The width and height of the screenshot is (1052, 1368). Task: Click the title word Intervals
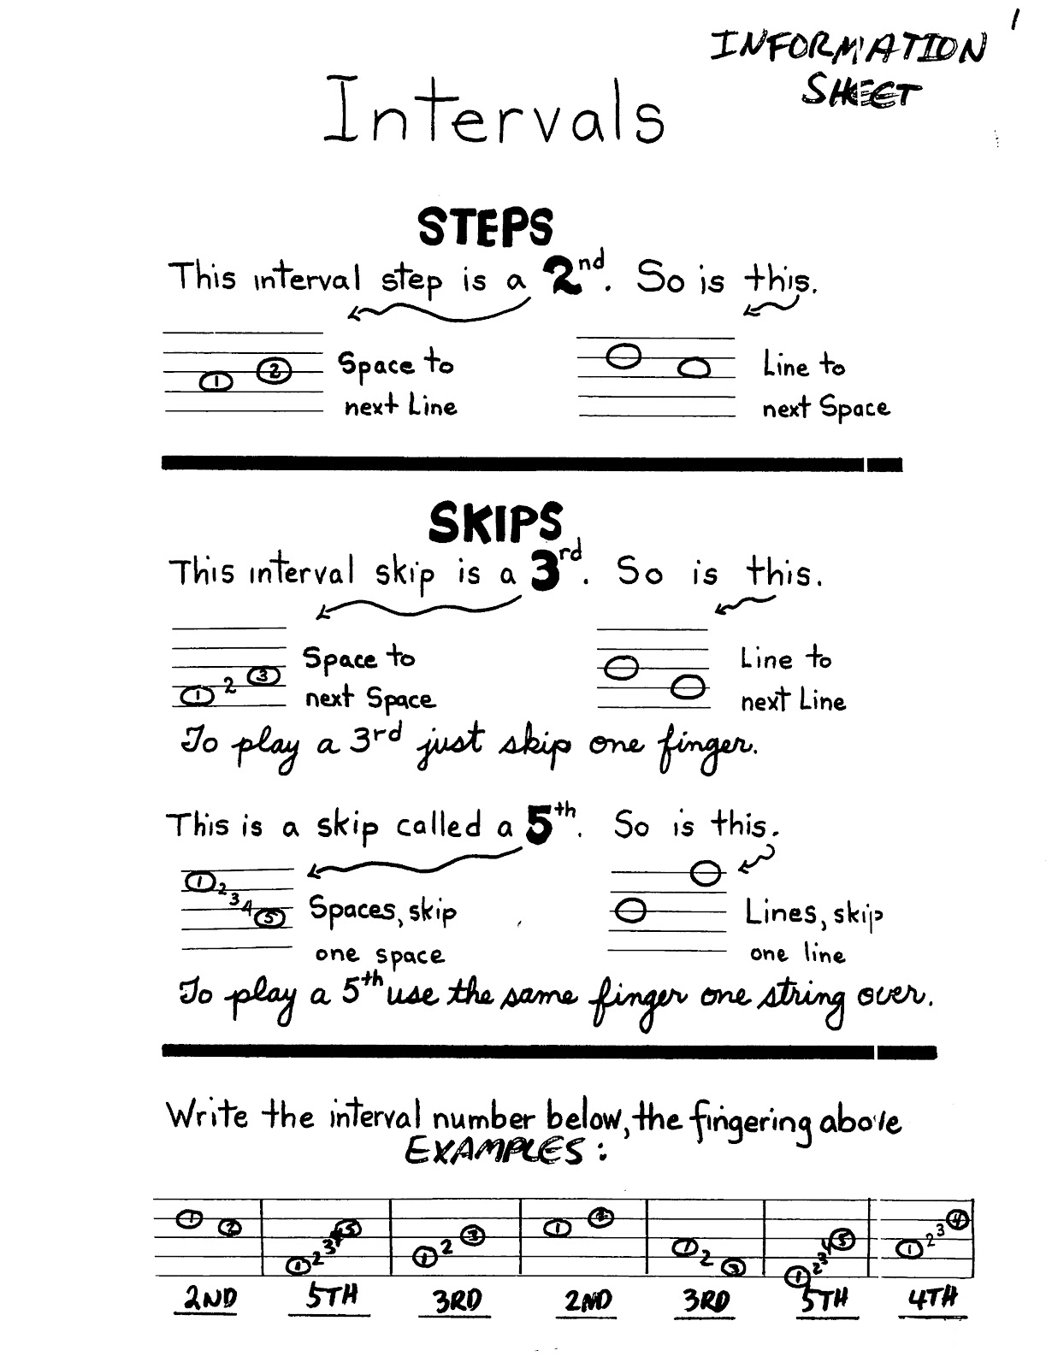(x=494, y=111)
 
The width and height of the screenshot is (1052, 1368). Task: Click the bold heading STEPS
(x=486, y=227)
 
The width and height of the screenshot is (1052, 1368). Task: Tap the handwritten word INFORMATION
(x=848, y=46)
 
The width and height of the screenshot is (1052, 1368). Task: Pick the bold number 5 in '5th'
(x=540, y=825)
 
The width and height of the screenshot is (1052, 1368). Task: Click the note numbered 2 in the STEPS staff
(x=275, y=370)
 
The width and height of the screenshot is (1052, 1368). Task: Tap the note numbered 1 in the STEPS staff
(x=216, y=381)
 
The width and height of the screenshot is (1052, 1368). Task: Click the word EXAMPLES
(x=499, y=1151)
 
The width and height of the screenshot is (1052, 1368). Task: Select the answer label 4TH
(x=932, y=1297)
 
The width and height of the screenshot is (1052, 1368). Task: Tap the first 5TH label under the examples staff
(x=332, y=1295)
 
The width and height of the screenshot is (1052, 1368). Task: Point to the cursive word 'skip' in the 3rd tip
(x=535, y=744)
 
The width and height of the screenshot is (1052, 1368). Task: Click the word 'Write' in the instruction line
(x=207, y=1115)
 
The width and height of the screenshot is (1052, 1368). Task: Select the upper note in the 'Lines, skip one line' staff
(x=705, y=873)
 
